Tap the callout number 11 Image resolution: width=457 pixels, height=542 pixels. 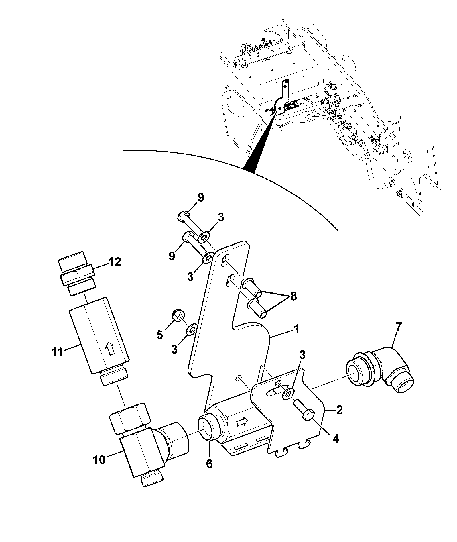tap(57, 352)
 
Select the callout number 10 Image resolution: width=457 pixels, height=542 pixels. tap(99, 460)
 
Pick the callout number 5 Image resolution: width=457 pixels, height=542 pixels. tap(160, 334)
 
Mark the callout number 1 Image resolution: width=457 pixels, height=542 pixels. tap(297, 329)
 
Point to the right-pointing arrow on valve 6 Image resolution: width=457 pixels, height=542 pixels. tap(241, 421)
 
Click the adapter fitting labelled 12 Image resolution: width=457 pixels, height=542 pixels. tap(77, 273)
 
